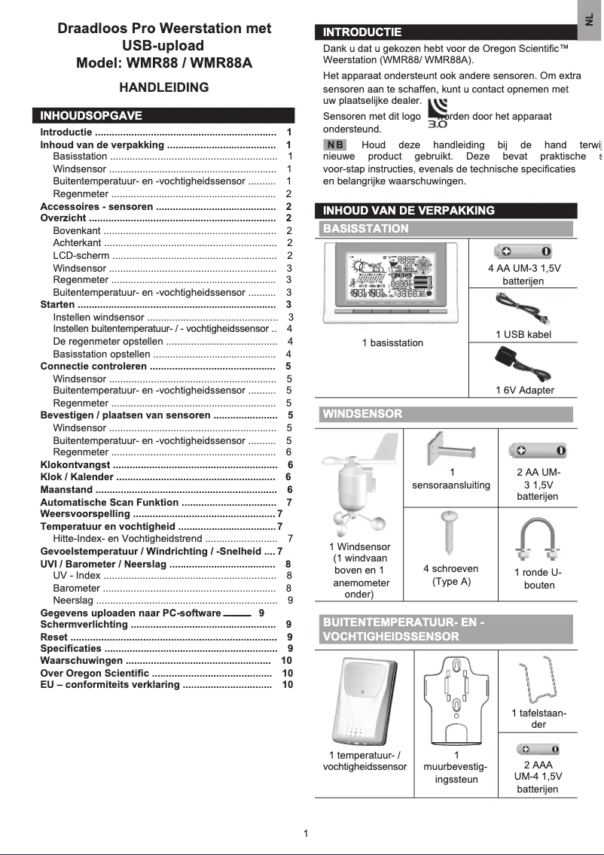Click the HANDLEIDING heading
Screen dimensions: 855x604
point(164,87)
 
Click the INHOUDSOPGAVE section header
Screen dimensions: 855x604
point(90,116)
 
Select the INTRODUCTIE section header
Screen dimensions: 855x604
point(362,32)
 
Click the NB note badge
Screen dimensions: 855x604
point(335,145)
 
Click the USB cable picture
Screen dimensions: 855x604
point(523,309)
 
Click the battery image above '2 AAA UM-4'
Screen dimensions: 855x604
point(538,749)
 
